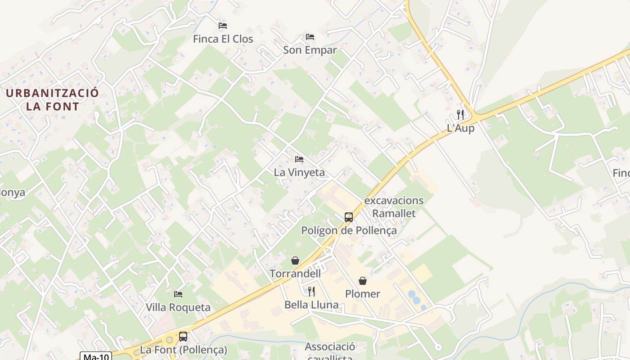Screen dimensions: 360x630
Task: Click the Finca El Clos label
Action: pyautogui.click(x=223, y=39)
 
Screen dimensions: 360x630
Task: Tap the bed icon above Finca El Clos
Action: pyautogui.click(x=223, y=26)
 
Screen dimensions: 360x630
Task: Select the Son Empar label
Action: pyautogui.click(x=310, y=50)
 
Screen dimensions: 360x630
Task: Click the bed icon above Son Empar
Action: pyautogui.click(x=310, y=36)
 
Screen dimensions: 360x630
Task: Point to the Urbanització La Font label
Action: pyautogui.click(x=53, y=100)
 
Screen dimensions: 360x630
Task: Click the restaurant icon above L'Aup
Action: pyautogui.click(x=460, y=114)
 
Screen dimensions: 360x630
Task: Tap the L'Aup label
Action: pyautogui.click(x=460, y=128)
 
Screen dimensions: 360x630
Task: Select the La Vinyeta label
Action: pyautogui.click(x=299, y=172)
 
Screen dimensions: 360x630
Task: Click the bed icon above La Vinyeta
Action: pyautogui.click(x=299, y=159)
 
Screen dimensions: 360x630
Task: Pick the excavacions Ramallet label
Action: pyautogui.click(x=394, y=207)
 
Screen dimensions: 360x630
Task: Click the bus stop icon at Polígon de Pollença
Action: pyautogui.click(x=349, y=217)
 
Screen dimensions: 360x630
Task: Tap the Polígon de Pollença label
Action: pyautogui.click(x=349, y=231)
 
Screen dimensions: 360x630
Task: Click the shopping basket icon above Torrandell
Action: pyautogui.click(x=295, y=261)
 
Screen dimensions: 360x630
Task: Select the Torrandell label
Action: pyautogui.click(x=295, y=274)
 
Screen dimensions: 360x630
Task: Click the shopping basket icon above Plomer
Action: pyautogui.click(x=363, y=281)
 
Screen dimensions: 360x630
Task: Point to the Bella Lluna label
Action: pyautogui.click(x=311, y=305)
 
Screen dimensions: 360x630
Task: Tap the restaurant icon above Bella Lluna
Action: pyautogui.click(x=311, y=292)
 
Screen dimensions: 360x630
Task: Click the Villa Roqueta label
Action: pyautogui.click(x=178, y=308)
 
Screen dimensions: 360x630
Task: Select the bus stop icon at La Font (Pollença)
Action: pyautogui.click(x=183, y=336)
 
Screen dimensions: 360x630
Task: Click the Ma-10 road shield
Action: pyautogui.click(x=96, y=356)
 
